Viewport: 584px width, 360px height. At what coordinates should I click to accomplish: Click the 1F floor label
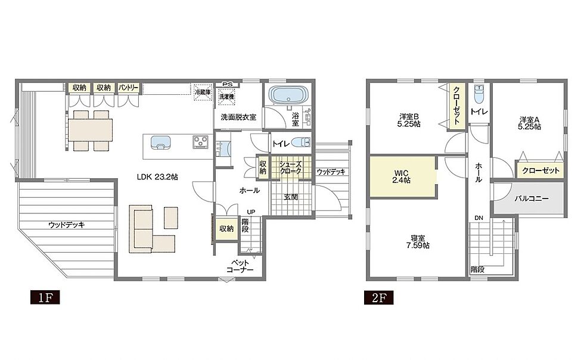(x=45, y=298)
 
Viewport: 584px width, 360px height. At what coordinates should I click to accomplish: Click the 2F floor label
(x=379, y=298)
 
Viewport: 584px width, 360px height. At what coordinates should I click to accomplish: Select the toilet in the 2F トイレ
(x=479, y=94)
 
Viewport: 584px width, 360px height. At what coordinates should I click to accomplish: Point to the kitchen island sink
(x=161, y=142)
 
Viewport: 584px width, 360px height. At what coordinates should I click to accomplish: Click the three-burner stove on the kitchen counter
(x=200, y=142)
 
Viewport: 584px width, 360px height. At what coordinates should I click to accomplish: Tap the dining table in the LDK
(x=90, y=130)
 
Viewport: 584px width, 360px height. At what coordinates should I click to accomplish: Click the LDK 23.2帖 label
(x=157, y=177)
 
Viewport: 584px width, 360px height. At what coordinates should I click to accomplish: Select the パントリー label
(x=129, y=88)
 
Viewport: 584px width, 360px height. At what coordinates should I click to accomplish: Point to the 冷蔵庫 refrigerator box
(x=203, y=92)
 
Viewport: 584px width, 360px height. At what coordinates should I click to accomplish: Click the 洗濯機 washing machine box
(x=226, y=97)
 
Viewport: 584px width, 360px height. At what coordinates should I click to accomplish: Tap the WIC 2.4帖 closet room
(x=402, y=176)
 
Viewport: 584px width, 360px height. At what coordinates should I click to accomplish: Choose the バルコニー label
(x=532, y=198)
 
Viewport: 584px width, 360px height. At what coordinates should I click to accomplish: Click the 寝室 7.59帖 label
(x=418, y=241)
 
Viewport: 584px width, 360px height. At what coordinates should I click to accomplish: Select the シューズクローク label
(x=291, y=167)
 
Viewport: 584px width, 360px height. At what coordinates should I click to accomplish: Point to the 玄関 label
(x=291, y=197)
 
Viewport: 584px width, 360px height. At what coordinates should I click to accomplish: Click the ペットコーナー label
(x=240, y=266)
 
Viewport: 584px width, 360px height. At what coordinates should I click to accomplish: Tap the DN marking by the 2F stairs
(x=479, y=218)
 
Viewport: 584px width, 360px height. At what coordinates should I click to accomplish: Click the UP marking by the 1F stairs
(x=251, y=212)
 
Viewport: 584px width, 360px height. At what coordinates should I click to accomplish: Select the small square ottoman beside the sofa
(x=171, y=218)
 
